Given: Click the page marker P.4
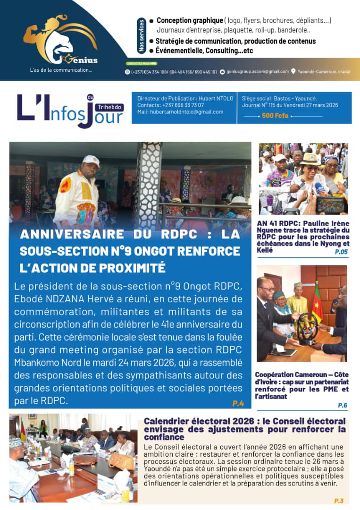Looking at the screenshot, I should (238, 403).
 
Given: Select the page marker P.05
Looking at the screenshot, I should (341, 252).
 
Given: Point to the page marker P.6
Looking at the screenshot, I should (343, 405).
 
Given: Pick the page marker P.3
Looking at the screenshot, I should (339, 501).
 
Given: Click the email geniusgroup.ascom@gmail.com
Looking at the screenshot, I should (257, 72).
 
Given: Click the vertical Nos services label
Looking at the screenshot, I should (142, 35).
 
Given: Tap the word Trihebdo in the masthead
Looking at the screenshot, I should (109, 107).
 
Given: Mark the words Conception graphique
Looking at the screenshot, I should (190, 20).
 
